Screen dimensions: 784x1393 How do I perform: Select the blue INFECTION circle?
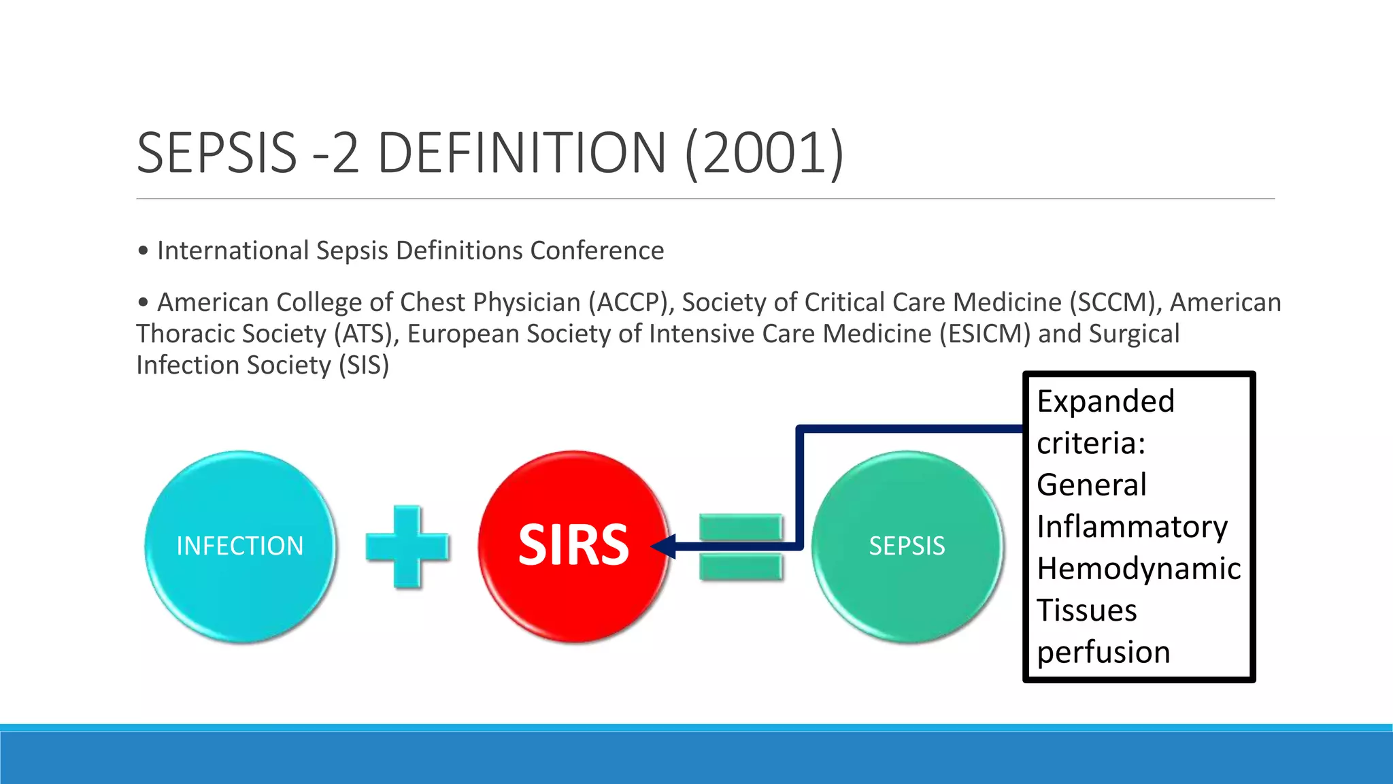tap(240, 546)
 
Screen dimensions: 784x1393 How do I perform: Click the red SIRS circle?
tap(573, 546)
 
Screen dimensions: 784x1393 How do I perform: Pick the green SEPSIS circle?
tap(907, 546)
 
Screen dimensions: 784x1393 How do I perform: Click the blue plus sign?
tap(407, 546)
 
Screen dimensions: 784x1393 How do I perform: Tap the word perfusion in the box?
tap(1103, 652)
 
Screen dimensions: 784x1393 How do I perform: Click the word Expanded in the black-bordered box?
tap(1105, 402)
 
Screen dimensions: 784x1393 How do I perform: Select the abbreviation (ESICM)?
tap(985, 334)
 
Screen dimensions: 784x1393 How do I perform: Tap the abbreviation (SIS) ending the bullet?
tap(364, 365)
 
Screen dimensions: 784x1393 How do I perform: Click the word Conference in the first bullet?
tap(597, 251)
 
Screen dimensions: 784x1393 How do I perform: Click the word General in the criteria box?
tap(1091, 485)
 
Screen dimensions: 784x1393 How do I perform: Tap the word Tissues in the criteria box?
tap(1086, 610)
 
